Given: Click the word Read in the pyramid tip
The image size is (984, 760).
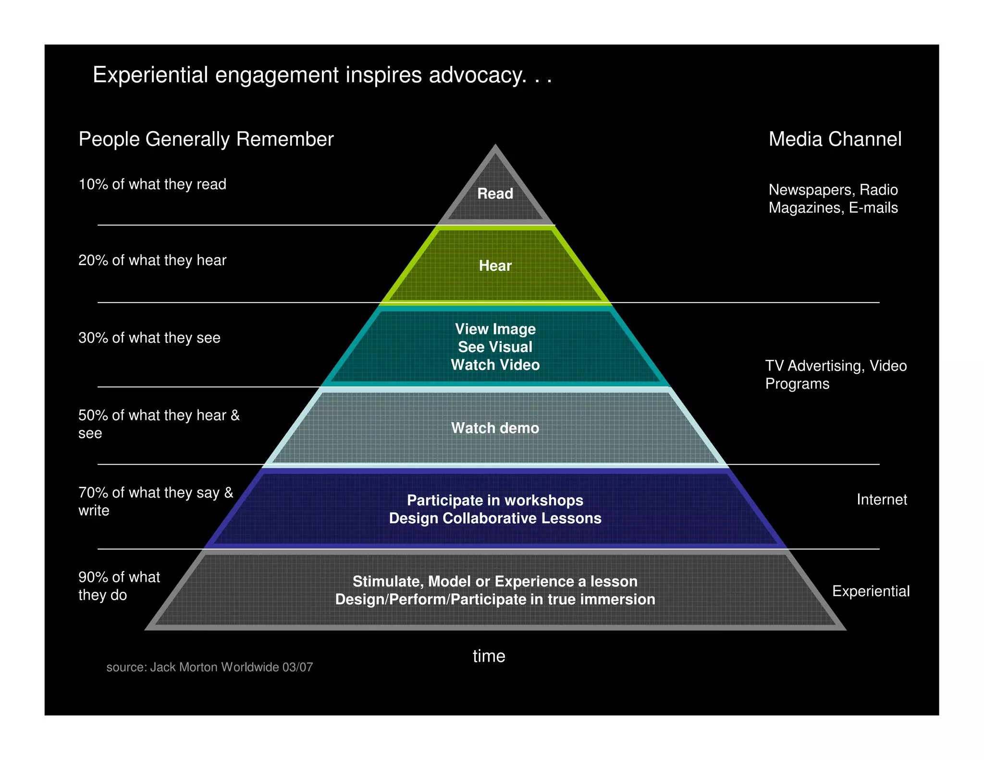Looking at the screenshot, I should click(x=495, y=194).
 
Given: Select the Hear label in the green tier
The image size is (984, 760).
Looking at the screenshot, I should click(x=495, y=266).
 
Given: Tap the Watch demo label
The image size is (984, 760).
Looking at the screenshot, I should click(x=495, y=428).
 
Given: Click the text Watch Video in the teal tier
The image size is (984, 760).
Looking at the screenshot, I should click(x=495, y=365).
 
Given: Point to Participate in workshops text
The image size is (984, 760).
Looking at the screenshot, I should click(x=495, y=501).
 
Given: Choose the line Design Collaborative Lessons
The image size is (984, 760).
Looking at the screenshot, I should click(x=495, y=518).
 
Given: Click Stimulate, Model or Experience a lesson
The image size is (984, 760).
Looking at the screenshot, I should click(x=495, y=582).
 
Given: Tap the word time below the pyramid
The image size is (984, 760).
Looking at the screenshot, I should click(x=489, y=656).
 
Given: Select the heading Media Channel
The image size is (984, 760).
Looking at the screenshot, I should click(x=835, y=139).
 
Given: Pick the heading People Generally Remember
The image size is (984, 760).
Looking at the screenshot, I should click(x=206, y=139).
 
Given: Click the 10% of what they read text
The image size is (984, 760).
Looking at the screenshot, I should click(x=152, y=184).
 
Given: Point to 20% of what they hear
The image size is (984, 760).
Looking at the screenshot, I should click(x=152, y=260).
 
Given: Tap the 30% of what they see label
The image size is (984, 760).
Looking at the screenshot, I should click(x=149, y=338).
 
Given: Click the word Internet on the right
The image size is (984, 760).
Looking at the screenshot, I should click(x=882, y=500).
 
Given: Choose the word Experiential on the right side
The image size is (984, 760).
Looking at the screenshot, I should click(x=871, y=591).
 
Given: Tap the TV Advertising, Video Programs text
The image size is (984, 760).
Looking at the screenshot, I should click(x=836, y=375).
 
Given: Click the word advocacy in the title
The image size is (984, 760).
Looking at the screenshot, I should click(x=477, y=75).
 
